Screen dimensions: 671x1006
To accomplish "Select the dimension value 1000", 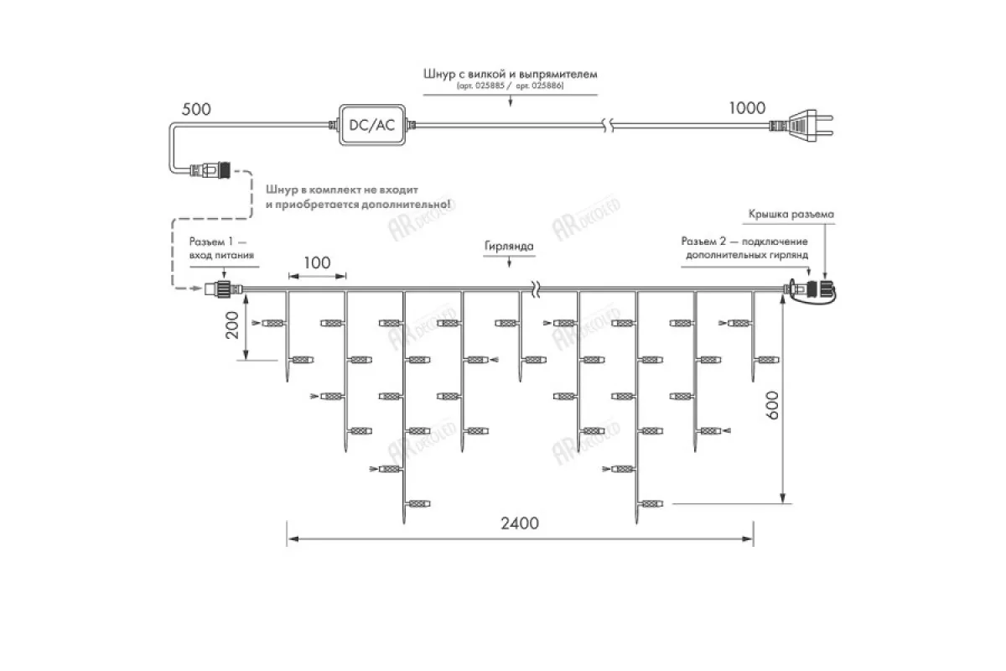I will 747,107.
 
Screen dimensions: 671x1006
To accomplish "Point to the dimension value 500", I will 197,109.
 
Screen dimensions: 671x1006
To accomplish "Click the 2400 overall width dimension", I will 520,523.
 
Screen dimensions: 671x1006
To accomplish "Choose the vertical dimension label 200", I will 234,325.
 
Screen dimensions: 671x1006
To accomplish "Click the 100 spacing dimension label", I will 316,263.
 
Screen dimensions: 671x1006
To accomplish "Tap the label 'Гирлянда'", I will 509,247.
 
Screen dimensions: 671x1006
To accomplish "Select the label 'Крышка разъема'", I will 791,215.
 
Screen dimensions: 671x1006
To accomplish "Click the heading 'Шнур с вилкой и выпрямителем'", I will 511,74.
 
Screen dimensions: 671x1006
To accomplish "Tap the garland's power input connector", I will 224,290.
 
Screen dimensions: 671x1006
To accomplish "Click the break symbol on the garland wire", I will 534,289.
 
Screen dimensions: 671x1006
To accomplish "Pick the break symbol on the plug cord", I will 611,126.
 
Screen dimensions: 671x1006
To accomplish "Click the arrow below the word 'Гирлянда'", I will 509,264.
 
